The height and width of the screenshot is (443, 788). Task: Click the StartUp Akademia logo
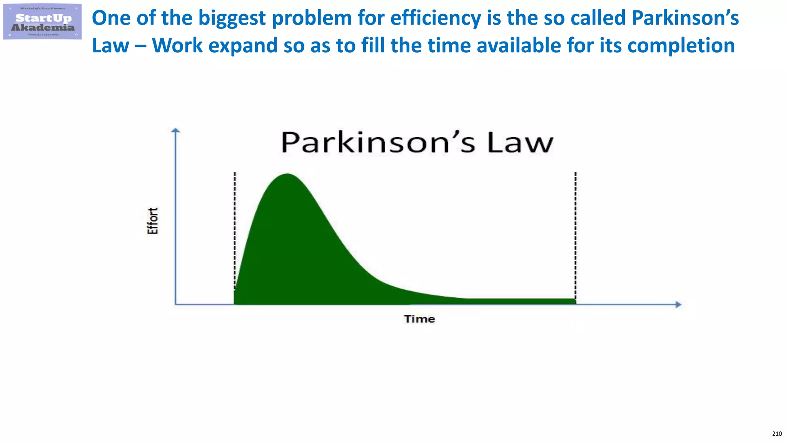pos(42,22)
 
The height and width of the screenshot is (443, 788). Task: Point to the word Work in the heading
pos(177,46)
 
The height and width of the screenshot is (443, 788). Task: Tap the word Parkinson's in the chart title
pos(379,143)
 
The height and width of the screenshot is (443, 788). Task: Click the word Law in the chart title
pos(520,143)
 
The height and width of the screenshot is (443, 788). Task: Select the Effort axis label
pos(153,221)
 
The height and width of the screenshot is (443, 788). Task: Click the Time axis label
pos(419,319)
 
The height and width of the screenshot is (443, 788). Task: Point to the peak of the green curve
pos(287,175)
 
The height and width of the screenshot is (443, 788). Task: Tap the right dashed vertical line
pos(576,231)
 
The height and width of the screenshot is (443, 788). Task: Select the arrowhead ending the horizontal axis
pos(678,305)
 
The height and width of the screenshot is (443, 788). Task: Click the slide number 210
pos(777,434)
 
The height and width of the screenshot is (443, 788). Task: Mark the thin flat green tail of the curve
pos(519,301)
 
